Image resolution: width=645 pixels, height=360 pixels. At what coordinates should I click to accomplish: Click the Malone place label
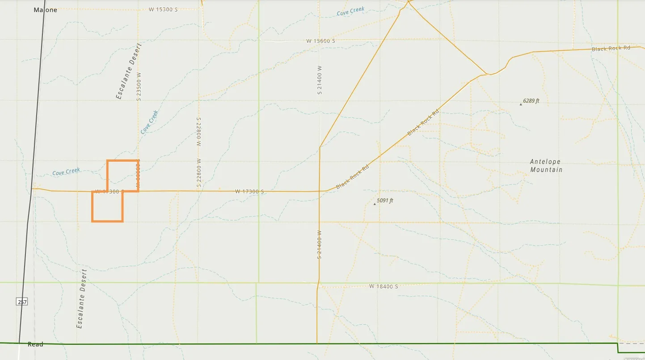pos(46,10)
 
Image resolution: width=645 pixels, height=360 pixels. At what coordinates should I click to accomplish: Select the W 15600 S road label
pos(320,41)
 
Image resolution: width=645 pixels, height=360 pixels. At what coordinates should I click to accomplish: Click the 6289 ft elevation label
pos(531,101)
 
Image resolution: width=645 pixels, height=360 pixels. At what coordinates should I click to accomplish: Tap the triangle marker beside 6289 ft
pos(521,104)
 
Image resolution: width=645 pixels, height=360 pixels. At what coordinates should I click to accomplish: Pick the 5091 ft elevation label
pos(385,201)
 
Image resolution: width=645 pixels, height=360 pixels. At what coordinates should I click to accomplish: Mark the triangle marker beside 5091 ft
pos(375,204)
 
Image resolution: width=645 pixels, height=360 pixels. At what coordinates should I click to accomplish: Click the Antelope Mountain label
pos(546,166)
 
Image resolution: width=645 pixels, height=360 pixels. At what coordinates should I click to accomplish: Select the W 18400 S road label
pos(384,286)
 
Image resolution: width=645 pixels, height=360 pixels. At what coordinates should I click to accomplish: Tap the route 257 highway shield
pos(22,302)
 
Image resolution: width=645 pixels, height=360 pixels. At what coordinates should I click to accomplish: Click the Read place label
pos(35,344)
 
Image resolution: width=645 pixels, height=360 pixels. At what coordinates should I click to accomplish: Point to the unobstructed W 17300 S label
pos(249,192)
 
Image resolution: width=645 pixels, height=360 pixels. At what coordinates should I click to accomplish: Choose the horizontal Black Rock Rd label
pos(611,48)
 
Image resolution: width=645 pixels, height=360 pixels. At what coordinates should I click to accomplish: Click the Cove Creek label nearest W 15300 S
pos(350,11)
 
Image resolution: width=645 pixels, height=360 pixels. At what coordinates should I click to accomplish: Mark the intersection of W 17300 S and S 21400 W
pos(319,191)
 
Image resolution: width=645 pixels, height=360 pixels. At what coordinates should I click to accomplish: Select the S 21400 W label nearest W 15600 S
pos(320,80)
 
